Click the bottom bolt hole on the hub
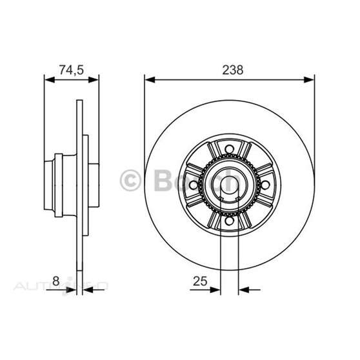[x=228, y=221]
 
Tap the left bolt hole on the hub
[x=194, y=186]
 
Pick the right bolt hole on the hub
[x=264, y=186]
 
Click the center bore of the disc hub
[x=229, y=186]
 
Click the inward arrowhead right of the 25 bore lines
[x=242, y=289]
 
